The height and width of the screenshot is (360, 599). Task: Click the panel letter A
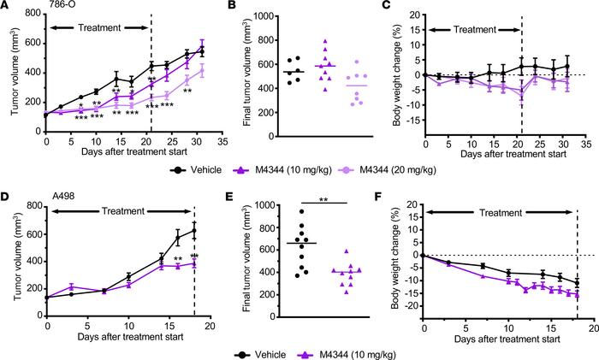(x=6, y=7)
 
